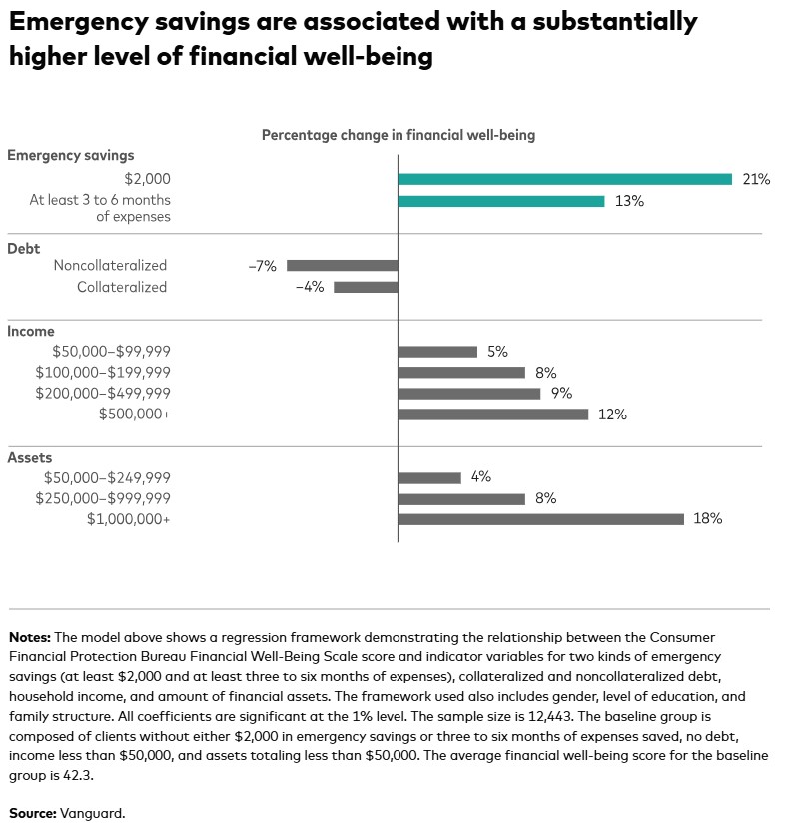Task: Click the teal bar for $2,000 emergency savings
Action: (x=564, y=179)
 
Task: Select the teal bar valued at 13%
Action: (x=500, y=201)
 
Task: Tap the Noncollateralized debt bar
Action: (x=342, y=266)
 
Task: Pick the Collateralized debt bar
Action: (x=365, y=287)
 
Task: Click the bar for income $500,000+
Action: (x=492, y=415)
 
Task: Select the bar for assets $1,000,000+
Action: (x=540, y=519)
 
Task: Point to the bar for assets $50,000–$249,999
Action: (x=429, y=477)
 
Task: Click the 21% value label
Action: (x=756, y=179)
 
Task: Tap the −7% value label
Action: (x=262, y=266)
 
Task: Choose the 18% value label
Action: (x=707, y=519)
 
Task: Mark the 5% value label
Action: (x=497, y=352)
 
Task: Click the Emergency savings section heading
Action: (x=70, y=155)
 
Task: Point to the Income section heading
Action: (x=31, y=331)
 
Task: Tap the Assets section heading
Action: (x=29, y=457)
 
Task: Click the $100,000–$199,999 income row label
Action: (x=102, y=373)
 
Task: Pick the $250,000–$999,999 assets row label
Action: (x=102, y=498)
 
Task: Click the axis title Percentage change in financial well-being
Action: (x=399, y=135)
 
